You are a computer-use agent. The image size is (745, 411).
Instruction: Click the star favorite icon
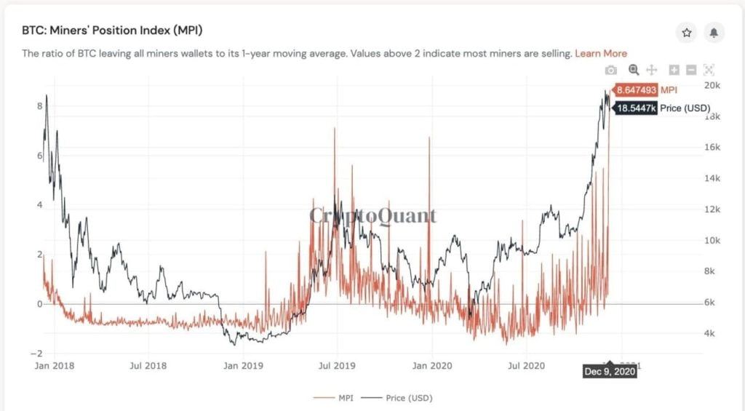tap(686, 33)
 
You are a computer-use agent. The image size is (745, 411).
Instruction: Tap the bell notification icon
tap(714, 33)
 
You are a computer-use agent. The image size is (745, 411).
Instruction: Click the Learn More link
tap(600, 53)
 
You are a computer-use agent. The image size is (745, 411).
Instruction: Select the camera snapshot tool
tap(611, 70)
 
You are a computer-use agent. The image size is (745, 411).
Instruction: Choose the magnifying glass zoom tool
tap(634, 70)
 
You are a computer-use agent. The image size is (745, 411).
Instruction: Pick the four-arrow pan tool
tap(652, 70)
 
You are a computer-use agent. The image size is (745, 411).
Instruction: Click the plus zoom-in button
tap(674, 70)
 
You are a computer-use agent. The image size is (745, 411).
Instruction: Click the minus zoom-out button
tap(690, 70)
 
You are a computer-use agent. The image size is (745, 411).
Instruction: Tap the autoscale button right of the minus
tap(709, 70)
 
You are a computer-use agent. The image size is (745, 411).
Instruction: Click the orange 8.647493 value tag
tap(636, 90)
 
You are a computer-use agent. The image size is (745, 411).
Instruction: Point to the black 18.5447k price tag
tap(637, 108)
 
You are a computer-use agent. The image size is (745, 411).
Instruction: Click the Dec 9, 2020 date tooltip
tap(610, 372)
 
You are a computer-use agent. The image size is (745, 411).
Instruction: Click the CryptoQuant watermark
tap(373, 215)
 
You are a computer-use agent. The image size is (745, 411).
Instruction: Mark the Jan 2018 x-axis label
tap(55, 366)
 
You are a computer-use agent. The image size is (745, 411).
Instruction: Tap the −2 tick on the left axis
tap(39, 353)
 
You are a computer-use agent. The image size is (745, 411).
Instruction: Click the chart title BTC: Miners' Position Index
tap(112, 31)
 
